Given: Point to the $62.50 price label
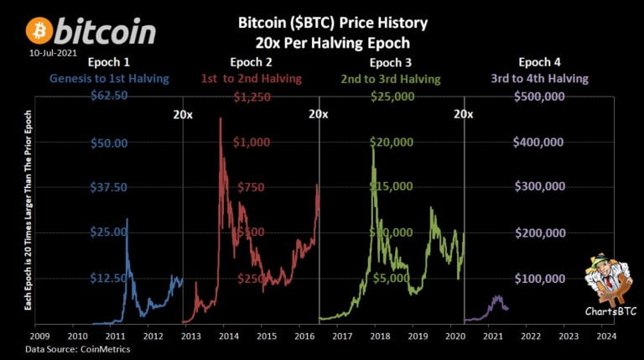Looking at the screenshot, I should [108, 96].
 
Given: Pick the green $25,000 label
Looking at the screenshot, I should [392, 96].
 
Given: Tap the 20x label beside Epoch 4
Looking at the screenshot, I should [464, 114].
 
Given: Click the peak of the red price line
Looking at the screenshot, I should [220, 118].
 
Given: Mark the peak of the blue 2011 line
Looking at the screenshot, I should [127, 219].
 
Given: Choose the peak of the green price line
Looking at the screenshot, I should [372, 143].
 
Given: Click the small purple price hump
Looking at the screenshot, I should [498, 298].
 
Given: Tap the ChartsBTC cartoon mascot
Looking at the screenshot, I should [606, 281].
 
